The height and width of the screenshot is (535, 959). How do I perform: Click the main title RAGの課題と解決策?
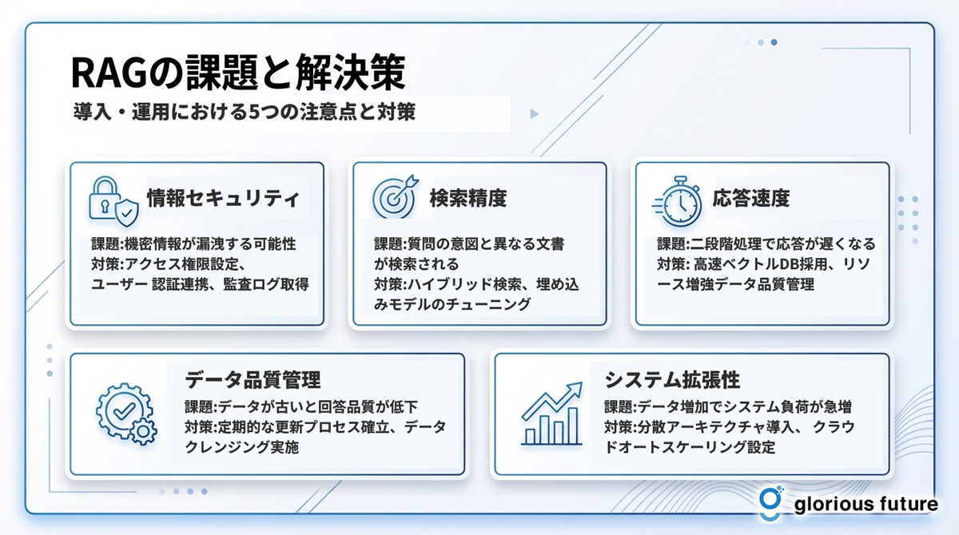coord(238,72)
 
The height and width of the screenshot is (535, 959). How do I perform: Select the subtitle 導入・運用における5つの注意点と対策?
coord(245,112)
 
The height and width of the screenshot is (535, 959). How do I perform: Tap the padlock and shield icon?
coord(113,201)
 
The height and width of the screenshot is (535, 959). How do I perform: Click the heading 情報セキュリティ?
coord(223,199)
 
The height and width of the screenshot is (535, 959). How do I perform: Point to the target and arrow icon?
coord(395,196)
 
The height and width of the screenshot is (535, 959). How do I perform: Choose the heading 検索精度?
coord(468,199)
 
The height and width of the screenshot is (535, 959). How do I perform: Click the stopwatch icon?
coord(677,201)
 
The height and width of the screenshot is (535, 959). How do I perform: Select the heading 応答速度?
coord(751,199)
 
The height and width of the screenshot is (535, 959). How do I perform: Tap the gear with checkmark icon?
coord(126,414)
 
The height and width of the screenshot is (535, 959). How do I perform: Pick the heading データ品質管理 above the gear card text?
coord(253,380)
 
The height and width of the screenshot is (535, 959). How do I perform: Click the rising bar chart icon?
coord(552,414)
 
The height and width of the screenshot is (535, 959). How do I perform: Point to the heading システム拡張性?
coord(672,380)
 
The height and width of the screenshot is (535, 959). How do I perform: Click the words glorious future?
coord(865,505)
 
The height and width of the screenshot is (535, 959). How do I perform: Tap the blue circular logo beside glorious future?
coord(770,503)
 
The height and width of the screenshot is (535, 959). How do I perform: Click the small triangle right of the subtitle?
coord(535,113)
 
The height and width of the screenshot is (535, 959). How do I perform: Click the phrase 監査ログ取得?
coord(266,284)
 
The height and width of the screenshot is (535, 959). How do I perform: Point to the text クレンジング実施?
coord(242,447)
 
